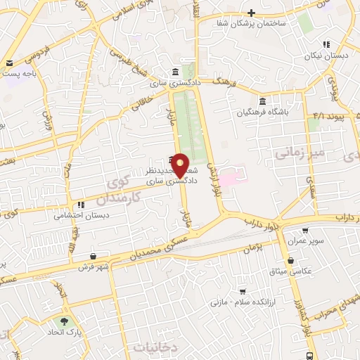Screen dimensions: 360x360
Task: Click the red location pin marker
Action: click(x=180, y=165)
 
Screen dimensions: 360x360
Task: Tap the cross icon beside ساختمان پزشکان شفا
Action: click(x=251, y=13)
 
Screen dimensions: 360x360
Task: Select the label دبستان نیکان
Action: click(x=327, y=55)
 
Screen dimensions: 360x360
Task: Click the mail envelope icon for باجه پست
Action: click(x=8, y=63)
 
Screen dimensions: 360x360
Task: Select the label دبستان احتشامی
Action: click(x=79, y=216)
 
